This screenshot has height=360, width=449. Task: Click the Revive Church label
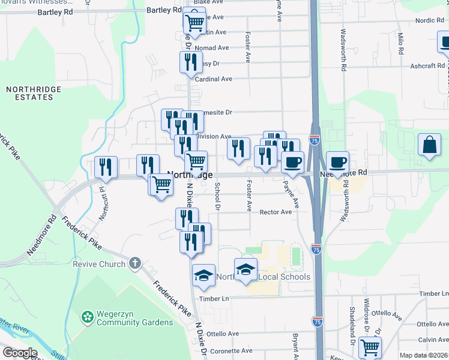coord(99,264)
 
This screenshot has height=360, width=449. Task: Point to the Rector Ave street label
coord(276,212)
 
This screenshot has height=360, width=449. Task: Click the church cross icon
coord(135,263)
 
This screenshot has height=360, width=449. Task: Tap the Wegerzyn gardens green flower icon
coord(88,316)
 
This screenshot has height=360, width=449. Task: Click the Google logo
coord(19,353)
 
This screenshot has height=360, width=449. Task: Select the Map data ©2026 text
coord(423,355)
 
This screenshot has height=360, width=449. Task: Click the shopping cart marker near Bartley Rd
coord(194,22)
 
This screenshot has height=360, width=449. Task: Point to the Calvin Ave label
coord(433,340)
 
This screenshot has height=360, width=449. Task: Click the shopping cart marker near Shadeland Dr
coord(370,347)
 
